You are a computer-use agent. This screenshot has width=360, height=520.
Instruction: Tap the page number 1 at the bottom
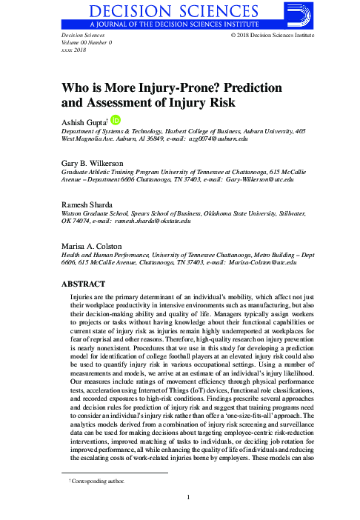pyautogui.click(x=189, y=497)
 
